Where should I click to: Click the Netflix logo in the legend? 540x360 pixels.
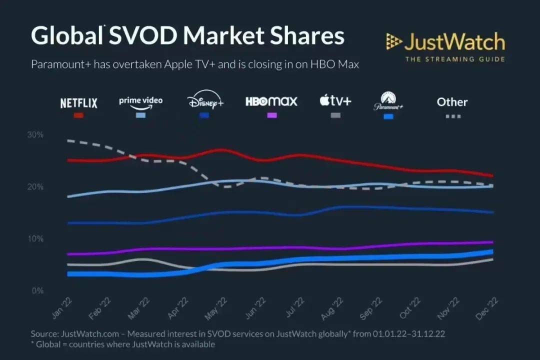point(78,103)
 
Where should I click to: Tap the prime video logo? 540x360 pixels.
point(140,101)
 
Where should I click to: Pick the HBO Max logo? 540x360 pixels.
point(271,101)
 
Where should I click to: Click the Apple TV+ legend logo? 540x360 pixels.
point(335,101)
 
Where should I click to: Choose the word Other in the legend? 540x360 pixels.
point(452,102)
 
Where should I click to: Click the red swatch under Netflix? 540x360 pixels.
point(78,115)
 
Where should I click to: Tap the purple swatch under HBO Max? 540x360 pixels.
point(271,115)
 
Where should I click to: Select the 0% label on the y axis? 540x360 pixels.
point(37,291)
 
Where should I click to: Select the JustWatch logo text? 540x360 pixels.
point(454,42)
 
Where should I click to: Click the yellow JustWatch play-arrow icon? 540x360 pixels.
point(393,42)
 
